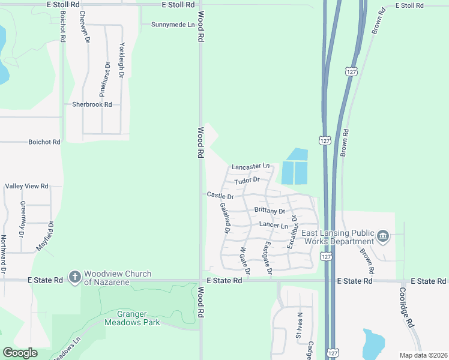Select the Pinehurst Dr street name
104,79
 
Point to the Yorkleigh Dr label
124,60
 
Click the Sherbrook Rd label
92,104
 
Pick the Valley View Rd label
26,187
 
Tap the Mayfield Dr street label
45,236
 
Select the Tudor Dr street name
247,180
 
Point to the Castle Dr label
220,195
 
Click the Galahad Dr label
226,217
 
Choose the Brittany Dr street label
270,211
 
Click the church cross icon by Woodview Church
74,277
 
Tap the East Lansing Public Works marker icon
384,237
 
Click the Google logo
20,353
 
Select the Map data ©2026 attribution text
423,355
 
